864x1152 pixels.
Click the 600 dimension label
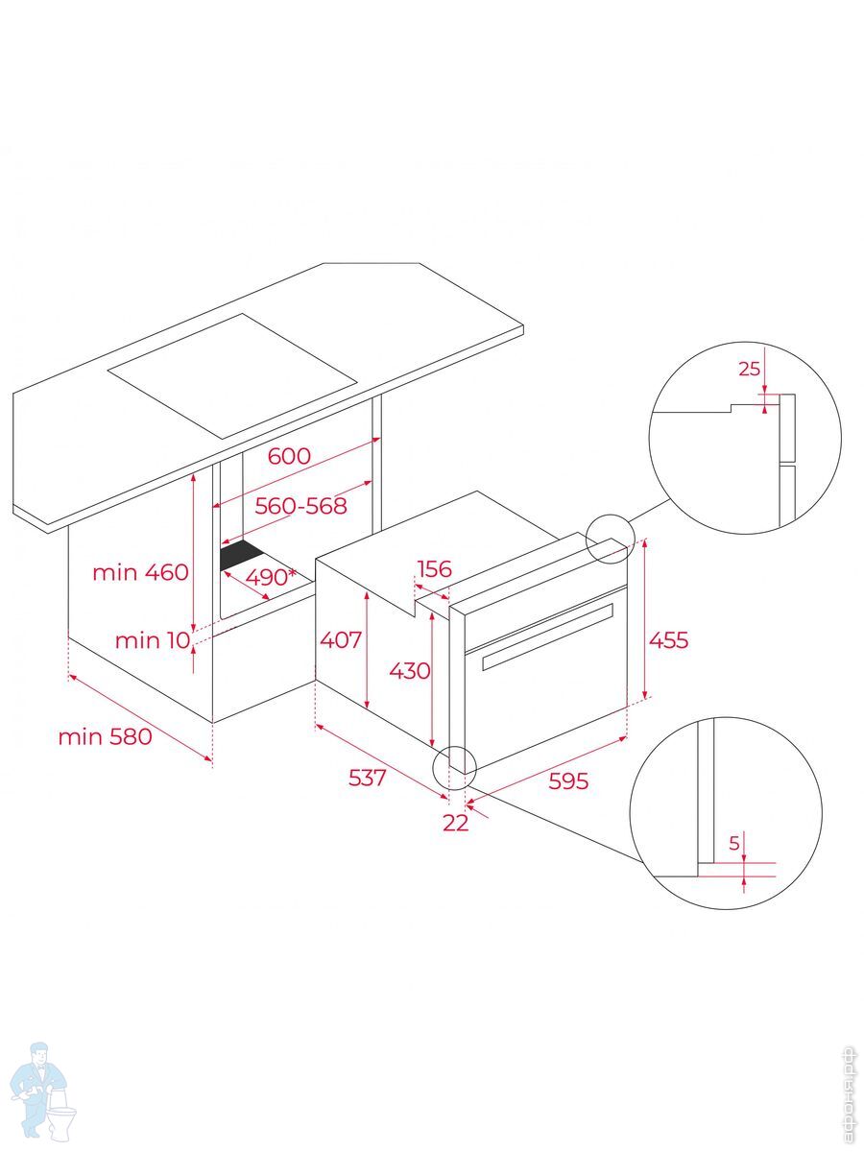tap(289, 456)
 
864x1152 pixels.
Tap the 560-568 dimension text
tap(300, 506)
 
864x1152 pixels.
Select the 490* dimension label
tap(271, 577)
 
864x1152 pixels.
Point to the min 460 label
tap(140, 572)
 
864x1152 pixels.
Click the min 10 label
tap(152, 640)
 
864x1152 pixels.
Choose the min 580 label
tap(105, 737)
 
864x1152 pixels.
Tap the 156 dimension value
tap(434, 568)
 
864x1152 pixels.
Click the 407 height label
tap(341, 639)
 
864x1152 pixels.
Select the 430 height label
tap(410, 670)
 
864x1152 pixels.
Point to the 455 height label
tap(668, 639)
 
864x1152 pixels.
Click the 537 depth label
tap(368, 778)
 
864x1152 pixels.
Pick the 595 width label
tap(568, 780)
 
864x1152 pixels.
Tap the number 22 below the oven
tap(455, 823)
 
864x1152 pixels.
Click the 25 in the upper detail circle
tap(749, 369)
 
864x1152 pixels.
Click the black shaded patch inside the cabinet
tap(242, 555)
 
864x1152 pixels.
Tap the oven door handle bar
tap(547, 636)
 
